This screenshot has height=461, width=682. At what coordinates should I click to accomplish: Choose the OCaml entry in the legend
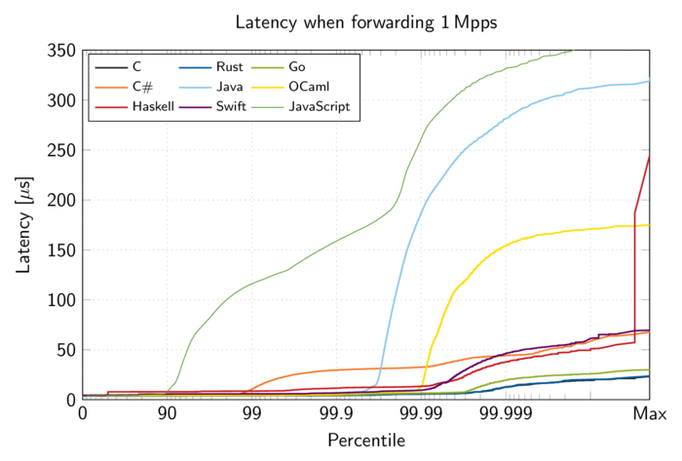click(x=312, y=87)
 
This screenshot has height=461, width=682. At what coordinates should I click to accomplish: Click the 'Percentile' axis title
click(x=365, y=441)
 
